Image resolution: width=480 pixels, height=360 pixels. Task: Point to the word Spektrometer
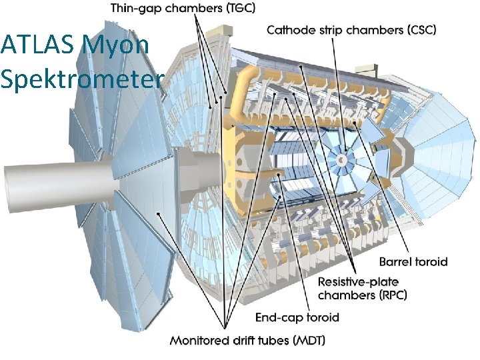[81, 79]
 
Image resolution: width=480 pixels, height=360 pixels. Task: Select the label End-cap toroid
[297, 317]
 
